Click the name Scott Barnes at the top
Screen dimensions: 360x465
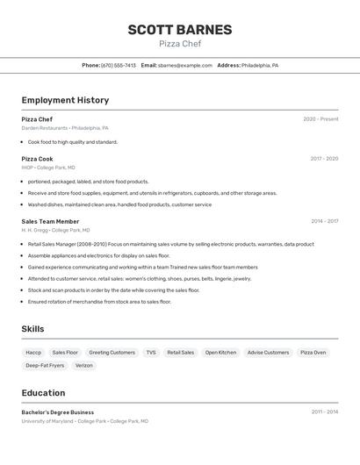click(x=180, y=29)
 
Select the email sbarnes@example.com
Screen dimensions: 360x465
click(x=185, y=65)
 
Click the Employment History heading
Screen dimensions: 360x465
click(x=65, y=100)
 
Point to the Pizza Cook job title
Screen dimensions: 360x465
click(x=37, y=159)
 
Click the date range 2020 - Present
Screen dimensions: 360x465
click(x=320, y=119)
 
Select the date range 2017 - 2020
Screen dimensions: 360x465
click(x=324, y=159)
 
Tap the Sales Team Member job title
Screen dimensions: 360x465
click(x=50, y=222)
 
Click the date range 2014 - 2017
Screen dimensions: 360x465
click(x=324, y=222)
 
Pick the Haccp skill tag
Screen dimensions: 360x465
click(x=33, y=352)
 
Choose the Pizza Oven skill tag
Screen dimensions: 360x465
click(x=313, y=352)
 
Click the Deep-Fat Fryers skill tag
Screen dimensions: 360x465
click(x=45, y=365)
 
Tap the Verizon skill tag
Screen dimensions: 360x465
click(x=84, y=365)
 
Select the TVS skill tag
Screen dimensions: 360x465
click(x=151, y=352)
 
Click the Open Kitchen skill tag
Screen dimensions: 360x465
click(x=220, y=352)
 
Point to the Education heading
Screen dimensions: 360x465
click(x=43, y=393)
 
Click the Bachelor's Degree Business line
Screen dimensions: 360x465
click(x=58, y=412)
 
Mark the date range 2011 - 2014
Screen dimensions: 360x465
click(x=325, y=411)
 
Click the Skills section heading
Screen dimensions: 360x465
click(x=33, y=329)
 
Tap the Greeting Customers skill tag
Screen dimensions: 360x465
click(x=112, y=352)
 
